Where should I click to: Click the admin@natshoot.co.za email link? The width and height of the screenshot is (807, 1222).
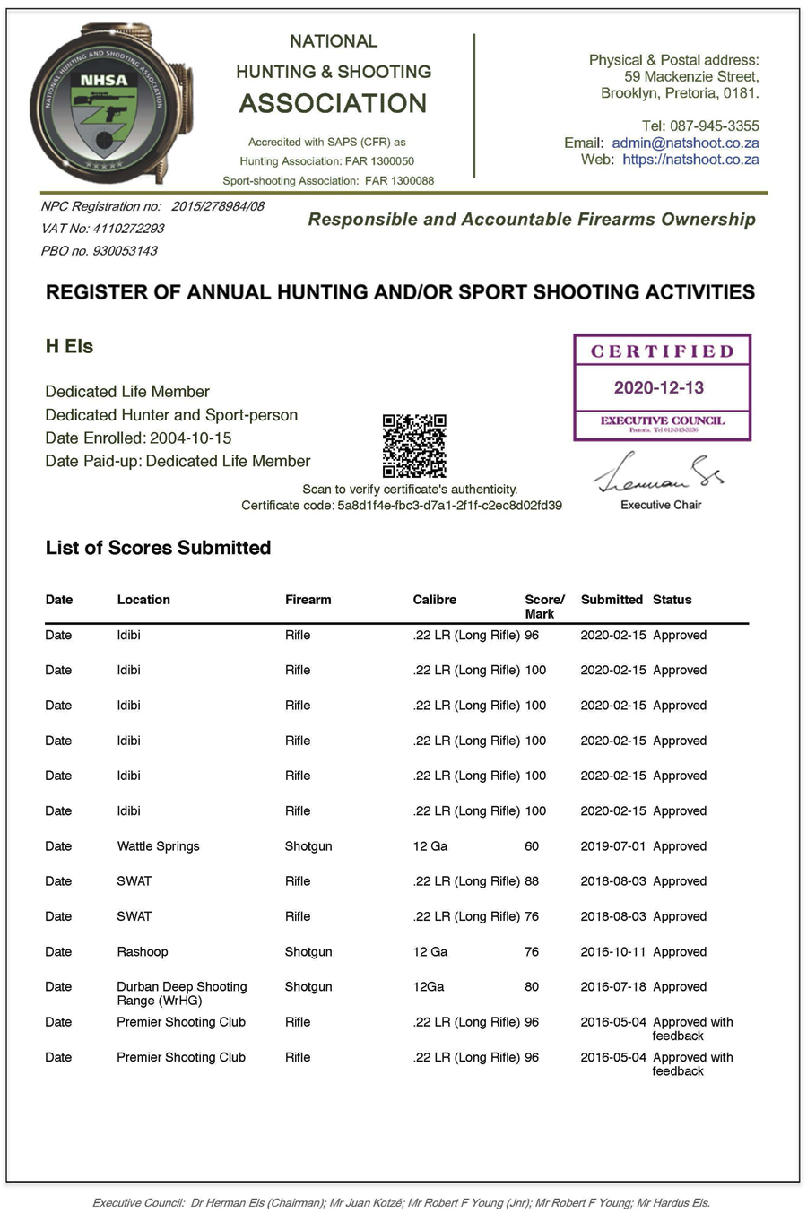point(685,143)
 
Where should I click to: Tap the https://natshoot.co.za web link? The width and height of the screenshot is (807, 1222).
point(690,160)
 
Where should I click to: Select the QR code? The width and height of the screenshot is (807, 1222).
point(414,446)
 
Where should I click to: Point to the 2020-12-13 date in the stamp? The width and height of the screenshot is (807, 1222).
point(659,387)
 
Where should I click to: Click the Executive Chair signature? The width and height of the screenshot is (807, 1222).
point(659,472)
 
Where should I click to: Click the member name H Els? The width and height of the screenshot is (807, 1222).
point(69,347)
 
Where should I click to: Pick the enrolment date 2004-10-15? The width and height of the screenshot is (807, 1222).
point(190,438)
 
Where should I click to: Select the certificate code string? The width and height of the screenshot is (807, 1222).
point(449,506)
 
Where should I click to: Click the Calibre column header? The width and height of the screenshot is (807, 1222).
point(435,600)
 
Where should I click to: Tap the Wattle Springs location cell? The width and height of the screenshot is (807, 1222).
point(158,846)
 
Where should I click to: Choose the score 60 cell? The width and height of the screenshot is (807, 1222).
point(532,846)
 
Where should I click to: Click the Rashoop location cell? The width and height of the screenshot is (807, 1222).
point(142,952)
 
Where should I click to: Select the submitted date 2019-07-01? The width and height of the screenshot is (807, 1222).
point(613,846)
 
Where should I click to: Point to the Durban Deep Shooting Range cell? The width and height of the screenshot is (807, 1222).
point(181,993)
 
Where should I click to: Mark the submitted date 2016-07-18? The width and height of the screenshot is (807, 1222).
point(613,987)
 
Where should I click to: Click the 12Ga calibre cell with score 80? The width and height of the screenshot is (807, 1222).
point(429,987)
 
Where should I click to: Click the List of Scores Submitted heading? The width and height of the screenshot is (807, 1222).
point(158,548)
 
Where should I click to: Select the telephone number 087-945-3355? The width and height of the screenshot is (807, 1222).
point(714,126)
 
